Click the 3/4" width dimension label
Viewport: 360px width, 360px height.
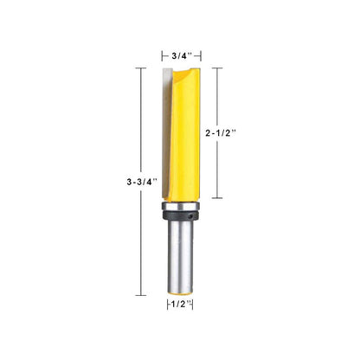click(182, 55)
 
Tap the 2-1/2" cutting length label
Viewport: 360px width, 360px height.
click(221, 133)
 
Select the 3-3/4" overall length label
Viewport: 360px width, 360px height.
click(142, 182)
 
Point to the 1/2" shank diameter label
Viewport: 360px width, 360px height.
click(181, 304)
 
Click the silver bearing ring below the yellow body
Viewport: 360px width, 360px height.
click(181, 206)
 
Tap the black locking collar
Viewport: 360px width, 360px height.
click(181, 215)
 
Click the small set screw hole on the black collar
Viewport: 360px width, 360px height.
click(191, 215)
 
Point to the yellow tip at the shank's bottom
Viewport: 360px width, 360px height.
click(181, 293)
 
